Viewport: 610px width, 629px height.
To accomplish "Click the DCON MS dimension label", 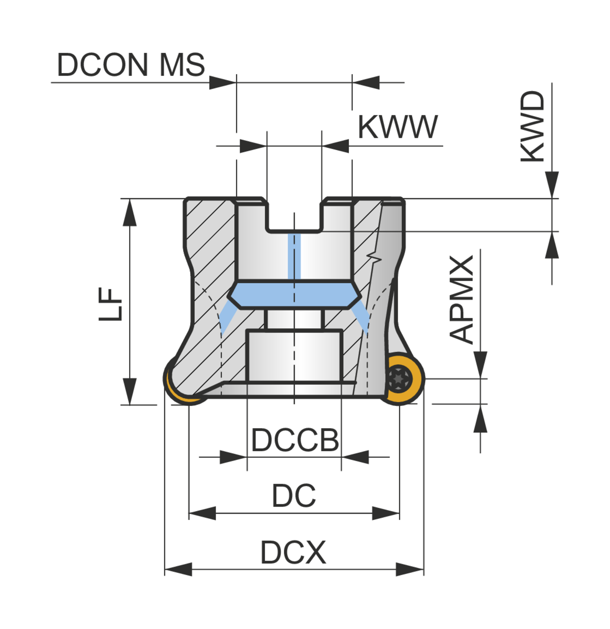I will pos(131,65).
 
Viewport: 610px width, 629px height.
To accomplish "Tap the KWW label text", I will pos(397,127).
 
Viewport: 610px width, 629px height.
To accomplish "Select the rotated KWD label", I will pos(532,126).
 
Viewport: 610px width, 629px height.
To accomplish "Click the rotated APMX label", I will pos(461,299).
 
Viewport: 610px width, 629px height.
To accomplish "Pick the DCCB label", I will pos(295,440).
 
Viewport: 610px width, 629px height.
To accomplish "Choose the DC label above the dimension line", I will pos(294,496).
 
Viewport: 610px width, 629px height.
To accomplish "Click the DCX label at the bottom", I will pos(293,553).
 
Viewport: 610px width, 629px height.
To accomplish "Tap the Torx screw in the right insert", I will pos(399,378).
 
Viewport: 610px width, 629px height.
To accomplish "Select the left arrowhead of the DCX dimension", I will pos(178,569).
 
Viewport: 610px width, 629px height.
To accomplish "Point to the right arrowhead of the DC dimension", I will pos(385,513).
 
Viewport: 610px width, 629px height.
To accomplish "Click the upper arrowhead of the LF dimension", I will pos(130,213).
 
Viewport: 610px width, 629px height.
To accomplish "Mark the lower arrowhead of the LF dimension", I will pos(130,391).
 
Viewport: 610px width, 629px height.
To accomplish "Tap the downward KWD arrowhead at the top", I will pos(552,185).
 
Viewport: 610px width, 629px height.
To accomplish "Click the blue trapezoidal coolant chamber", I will pos(294,295).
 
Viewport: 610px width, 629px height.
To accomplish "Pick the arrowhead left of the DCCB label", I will pos(233,457).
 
